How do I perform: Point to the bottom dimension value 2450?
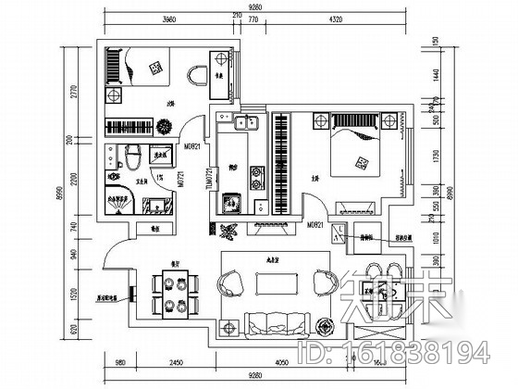167,364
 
